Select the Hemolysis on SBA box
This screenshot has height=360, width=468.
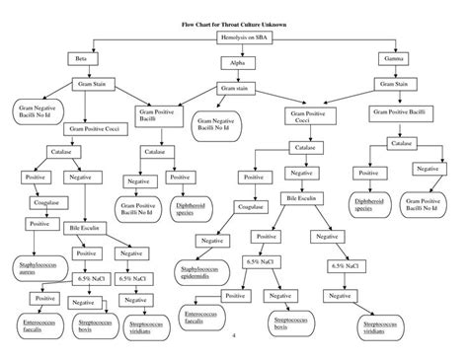pos(234,37)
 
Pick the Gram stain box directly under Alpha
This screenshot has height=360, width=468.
pos(235,89)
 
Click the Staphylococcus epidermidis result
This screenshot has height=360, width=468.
pos(201,271)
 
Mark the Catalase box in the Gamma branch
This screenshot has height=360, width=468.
pos(401,144)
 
